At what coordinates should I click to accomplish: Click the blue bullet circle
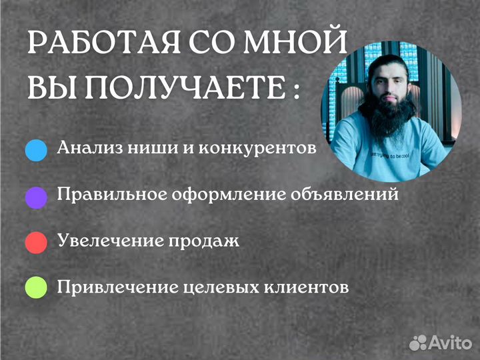click(36, 150)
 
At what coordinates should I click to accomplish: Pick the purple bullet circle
click(36, 196)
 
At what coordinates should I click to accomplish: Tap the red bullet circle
click(36, 241)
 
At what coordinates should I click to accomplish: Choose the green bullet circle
click(36, 287)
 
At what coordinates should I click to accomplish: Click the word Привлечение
click(116, 287)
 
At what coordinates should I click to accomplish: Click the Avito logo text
click(451, 343)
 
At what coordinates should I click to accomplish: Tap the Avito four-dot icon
click(418, 342)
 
